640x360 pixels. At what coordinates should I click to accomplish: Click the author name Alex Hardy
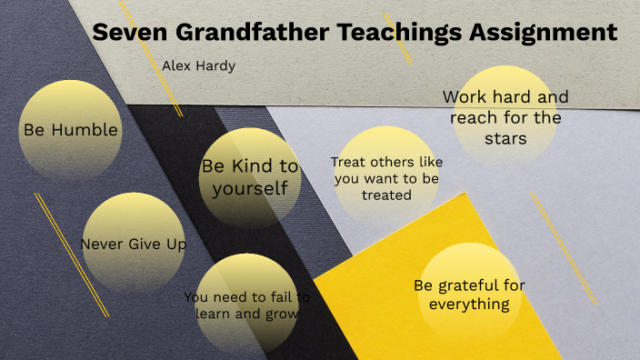(x=199, y=65)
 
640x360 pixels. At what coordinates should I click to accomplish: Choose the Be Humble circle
(x=71, y=129)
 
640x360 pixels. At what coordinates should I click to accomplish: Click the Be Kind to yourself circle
(x=250, y=177)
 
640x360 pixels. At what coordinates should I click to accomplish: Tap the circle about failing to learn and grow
(x=247, y=305)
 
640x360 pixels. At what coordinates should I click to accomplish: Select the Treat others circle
(x=385, y=177)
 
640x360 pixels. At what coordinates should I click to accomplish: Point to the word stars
(x=505, y=139)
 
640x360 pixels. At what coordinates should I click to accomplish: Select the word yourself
(x=250, y=188)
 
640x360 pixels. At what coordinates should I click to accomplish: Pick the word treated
(x=386, y=195)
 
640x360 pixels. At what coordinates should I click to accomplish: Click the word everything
(x=469, y=304)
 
